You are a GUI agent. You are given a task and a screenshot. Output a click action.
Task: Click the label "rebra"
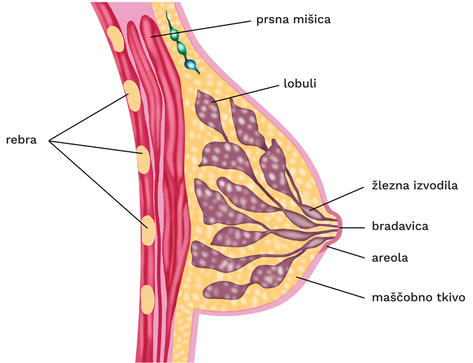tap(21, 140)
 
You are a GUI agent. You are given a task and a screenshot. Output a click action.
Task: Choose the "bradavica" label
tap(399, 225)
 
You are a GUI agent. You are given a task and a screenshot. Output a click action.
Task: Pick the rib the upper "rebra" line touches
tap(132, 97)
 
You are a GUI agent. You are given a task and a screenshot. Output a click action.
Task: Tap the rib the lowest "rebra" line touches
tap(148, 230)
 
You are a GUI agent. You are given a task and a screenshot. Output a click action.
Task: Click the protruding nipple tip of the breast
tap(338, 224)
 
